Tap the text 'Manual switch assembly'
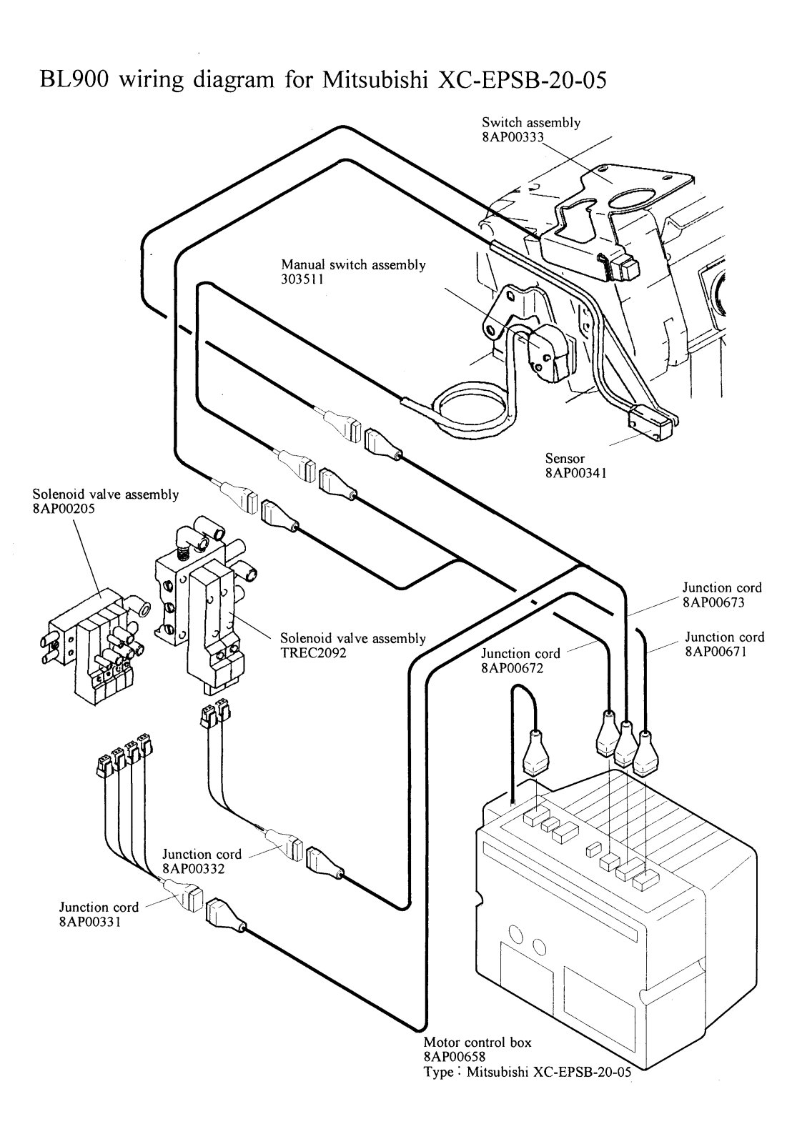click(x=353, y=265)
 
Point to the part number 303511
click(x=302, y=279)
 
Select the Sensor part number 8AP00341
click(x=575, y=472)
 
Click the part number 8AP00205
click(x=64, y=509)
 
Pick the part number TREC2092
click(x=313, y=652)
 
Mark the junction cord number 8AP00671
click(x=724, y=651)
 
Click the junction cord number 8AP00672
click(x=513, y=668)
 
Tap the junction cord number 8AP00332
click(x=194, y=869)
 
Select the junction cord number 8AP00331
click(x=90, y=922)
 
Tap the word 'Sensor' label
click(x=565, y=458)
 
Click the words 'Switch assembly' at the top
click(x=531, y=122)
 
